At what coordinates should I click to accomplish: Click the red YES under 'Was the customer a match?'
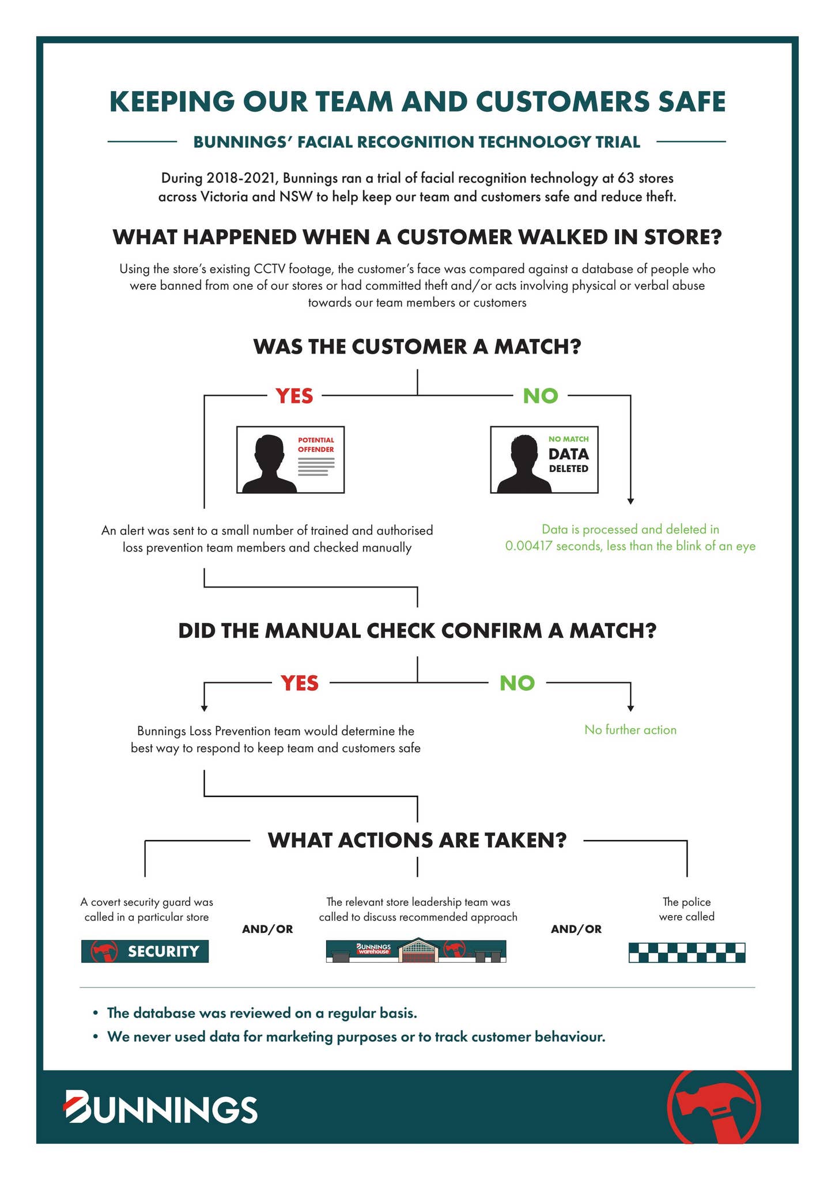[x=294, y=396]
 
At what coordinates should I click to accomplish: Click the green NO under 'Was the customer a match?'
[x=540, y=396]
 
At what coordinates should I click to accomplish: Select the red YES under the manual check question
[x=300, y=683]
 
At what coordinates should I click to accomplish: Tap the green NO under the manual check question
[x=517, y=683]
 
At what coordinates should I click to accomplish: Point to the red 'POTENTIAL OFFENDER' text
[x=316, y=445]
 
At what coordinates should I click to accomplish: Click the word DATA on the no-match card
[x=568, y=454]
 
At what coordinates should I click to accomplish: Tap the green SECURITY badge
[x=145, y=951]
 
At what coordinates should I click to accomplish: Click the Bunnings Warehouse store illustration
[x=415, y=951]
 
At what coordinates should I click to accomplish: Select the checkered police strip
[x=686, y=952]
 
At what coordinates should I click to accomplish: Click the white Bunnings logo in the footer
[x=160, y=1106]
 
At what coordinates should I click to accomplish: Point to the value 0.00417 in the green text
[x=530, y=546]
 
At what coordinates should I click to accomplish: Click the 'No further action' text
[x=630, y=730]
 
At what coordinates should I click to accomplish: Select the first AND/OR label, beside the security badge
[x=267, y=929]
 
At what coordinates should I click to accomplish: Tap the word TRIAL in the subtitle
[x=617, y=142]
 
